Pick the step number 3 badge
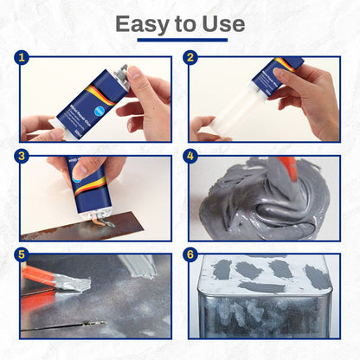[22, 158]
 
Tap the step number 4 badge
[190, 158]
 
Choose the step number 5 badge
[22, 256]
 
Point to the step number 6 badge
[190, 256]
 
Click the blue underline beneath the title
[180, 40]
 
